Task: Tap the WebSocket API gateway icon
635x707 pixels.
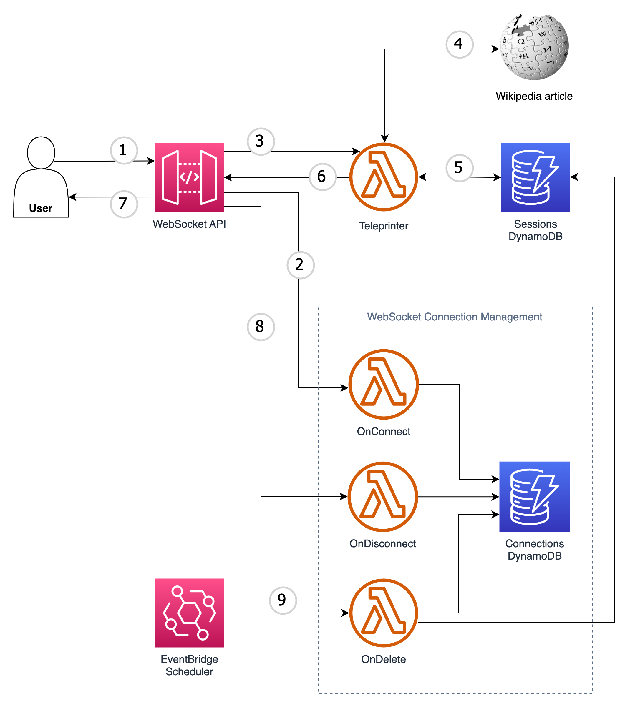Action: pos(190,177)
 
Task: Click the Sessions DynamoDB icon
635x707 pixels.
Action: pos(535,177)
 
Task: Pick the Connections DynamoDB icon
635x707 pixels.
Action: pos(535,496)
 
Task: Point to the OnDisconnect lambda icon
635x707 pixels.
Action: pos(383,496)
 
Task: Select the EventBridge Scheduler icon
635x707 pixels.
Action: pos(190,613)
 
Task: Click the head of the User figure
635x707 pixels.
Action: pos(41,153)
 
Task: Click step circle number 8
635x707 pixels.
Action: pos(261,327)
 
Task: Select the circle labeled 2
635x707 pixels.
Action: pos(300,265)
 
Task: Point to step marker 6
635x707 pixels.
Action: pos(323,177)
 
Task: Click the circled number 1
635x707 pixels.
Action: pos(124,151)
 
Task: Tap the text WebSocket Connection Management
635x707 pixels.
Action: pos(455,317)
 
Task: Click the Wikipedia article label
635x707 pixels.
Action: pos(534,96)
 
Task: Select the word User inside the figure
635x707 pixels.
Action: pos(41,208)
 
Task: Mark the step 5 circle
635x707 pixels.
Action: pos(460,168)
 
